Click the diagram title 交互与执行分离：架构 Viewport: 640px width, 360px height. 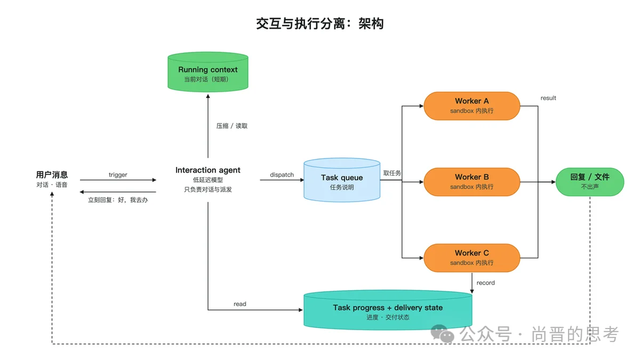(x=319, y=23)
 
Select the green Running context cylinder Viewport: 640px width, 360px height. (x=207, y=72)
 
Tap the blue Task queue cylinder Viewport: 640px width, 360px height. (x=342, y=180)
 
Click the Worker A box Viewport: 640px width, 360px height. (x=471, y=106)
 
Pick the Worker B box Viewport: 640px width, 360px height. (x=471, y=182)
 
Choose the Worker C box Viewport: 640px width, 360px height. (x=471, y=258)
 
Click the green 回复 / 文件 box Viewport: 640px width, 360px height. (x=590, y=182)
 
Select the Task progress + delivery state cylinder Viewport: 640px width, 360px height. (x=388, y=310)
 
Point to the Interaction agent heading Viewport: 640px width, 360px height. (x=207, y=170)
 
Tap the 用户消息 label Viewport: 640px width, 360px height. (x=52, y=174)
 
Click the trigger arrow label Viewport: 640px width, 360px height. (x=118, y=174)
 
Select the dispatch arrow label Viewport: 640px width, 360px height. (x=282, y=174)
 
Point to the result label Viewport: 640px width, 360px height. (x=548, y=98)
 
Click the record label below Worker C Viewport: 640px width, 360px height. (x=485, y=283)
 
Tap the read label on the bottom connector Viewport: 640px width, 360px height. (x=239, y=304)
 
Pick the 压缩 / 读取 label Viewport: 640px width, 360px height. (x=231, y=126)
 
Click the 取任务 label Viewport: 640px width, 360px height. (x=392, y=173)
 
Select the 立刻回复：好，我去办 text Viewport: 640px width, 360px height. (x=118, y=200)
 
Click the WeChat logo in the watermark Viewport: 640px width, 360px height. (x=442, y=333)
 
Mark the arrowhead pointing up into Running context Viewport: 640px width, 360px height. (x=207, y=97)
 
